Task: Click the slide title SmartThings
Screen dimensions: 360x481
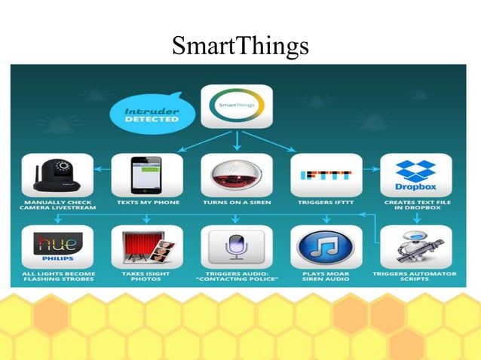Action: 240,46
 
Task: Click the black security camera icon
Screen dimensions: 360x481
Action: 57,175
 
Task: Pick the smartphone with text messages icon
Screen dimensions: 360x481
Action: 146,175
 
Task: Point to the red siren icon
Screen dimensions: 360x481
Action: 237,175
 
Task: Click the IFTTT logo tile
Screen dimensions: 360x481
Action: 326,175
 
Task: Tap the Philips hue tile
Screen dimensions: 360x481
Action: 57,246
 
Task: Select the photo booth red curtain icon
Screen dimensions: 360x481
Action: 146,246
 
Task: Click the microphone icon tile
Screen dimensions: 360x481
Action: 237,246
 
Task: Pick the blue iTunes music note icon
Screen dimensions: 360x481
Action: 326,246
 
